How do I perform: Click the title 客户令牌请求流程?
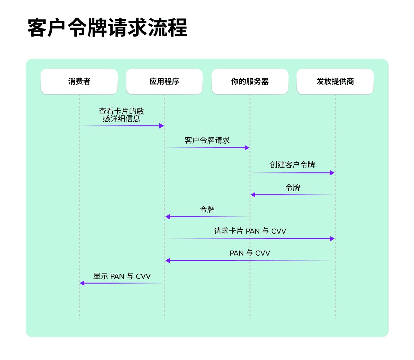click(107, 28)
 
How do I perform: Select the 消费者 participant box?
click(79, 82)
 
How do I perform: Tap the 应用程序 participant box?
click(164, 82)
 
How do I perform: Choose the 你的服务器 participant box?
click(250, 82)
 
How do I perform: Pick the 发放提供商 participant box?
click(335, 82)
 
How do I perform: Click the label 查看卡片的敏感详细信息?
click(122, 115)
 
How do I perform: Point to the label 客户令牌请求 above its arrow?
click(207, 140)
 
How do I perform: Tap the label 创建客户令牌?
click(292, 165)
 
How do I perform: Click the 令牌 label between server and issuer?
click(293, 188)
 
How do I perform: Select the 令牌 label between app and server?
click(207, 209)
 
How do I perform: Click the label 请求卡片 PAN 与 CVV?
click(250, 231)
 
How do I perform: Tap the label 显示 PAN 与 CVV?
click(122, 276)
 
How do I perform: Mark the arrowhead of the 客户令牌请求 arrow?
click(247, 148)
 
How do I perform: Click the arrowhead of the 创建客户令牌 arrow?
click(332, 173)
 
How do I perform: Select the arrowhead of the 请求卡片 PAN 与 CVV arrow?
click(332, 239)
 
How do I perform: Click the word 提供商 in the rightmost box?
click(343, 82)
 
